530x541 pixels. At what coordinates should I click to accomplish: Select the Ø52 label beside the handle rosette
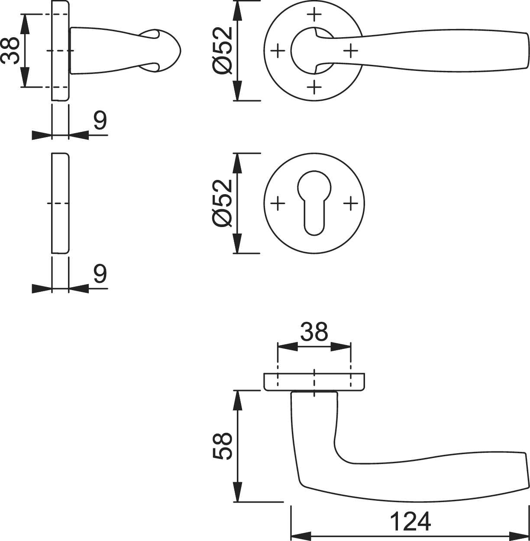point(222,51)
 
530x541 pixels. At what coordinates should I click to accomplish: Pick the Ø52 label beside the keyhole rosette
point(222,203)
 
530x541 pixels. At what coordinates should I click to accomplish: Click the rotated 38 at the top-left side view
point(10,51)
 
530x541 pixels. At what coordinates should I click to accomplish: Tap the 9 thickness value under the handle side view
point(100,121)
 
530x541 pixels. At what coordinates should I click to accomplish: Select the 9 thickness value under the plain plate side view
point(100,274)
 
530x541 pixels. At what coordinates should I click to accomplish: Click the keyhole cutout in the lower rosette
point(314,203)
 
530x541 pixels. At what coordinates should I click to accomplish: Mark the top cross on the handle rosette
point(314,14)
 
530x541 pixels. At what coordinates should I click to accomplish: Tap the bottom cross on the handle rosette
point(314,87)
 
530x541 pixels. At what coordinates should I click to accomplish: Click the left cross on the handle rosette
point(278,51)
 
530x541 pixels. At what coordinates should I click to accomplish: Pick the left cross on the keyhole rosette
point(278,203)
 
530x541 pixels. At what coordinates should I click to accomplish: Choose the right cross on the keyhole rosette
point(350,203)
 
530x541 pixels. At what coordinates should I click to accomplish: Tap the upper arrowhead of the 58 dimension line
point(237,400)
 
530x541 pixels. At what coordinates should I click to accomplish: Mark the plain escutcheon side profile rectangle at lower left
point(60,203)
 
